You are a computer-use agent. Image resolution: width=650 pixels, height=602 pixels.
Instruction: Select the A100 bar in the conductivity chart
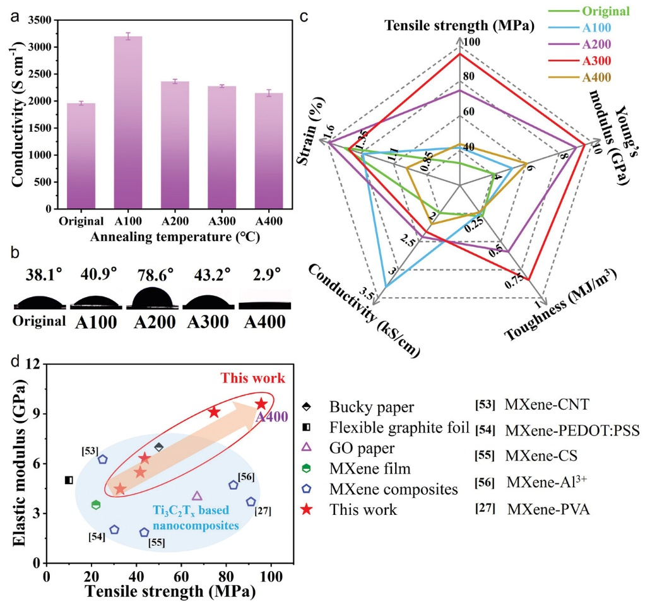pyautogui.click(x=128, y=122)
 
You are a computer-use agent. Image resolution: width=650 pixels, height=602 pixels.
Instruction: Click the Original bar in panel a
pyautogui.click(x=81, y=156)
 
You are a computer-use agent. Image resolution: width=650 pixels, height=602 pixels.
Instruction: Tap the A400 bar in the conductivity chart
pyautogui.click(x=269, y=150)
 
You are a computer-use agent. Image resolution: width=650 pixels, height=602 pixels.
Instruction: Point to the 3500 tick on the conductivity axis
pyautogui.click(x=40, y=20)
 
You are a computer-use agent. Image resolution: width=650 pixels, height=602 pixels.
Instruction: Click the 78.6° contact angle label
pyautogui.click(x=155, y=274)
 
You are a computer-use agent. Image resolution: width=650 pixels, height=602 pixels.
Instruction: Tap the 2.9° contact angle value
pyautogui.click(x=263, y=274)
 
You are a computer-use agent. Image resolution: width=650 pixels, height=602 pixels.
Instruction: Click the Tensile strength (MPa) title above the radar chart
pyautogui.click(x=459, y=26)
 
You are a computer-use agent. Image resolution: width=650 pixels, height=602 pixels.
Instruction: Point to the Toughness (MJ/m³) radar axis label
pyautogui.click(x=560, y=304)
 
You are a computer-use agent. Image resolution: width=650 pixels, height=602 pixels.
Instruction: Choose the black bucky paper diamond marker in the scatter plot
pyautogui.click(x=159, y=447)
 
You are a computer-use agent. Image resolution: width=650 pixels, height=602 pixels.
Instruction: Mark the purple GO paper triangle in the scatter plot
pyautogui.click(x=198, y=496)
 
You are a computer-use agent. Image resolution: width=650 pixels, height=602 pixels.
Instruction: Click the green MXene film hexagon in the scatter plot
pyautogui.click(x=96, y=505)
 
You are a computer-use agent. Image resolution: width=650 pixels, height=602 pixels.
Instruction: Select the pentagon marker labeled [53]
pyautogui.click(x=103, y=459)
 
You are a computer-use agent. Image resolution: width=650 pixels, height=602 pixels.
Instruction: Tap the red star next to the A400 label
pyautogui.click(x=261, y=404)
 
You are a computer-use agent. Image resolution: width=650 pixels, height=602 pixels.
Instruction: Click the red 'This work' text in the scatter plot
pyautogui.click(x=253, y=378)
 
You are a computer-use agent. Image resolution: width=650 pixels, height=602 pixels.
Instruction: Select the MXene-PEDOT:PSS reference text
pyautogui.click(x=572, y=431)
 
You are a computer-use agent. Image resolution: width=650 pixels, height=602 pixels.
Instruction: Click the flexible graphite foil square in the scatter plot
pyautogui.click(x=69, y=480)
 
